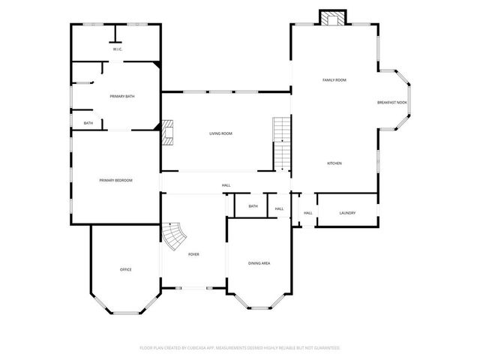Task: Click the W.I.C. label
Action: coord(117,49)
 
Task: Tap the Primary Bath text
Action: coord(121,96)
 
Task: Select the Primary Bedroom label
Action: coord(116,180)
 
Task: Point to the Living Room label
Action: coord(220,133)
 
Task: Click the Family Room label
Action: coord(334,79)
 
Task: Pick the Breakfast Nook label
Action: coord(391,103)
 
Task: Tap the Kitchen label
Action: coord(334,163)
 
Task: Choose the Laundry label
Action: coord(347,213)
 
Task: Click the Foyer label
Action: coord(193,254)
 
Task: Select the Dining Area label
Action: coord(259,262)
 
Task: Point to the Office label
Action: coord(126,269)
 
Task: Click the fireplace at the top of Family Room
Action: coord(331,18)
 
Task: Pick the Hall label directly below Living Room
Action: coord(226,185)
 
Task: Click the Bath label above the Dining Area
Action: coord(253,206)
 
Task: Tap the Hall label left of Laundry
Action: coord(307,213)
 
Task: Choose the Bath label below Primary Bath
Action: coord(88,123)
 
